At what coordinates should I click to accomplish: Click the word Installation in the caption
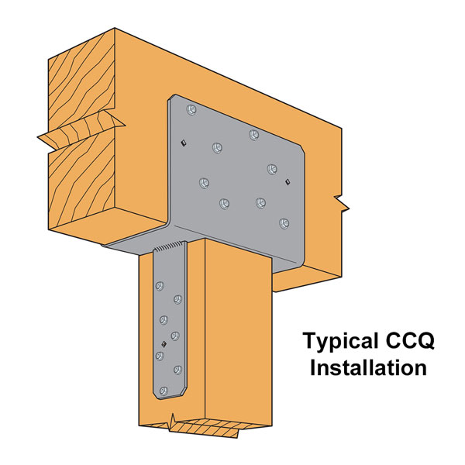point(368,368)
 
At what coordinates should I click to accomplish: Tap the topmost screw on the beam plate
point(191,110)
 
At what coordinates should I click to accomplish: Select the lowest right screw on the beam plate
point(284,223)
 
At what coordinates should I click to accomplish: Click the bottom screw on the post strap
point(164,391)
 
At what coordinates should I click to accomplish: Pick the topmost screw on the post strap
point(160,286)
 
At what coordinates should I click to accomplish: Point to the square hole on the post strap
point(164,344)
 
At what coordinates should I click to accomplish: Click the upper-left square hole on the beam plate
point(184,143)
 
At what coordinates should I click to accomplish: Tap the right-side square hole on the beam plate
point(287,182)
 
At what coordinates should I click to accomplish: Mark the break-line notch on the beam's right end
point(342,204)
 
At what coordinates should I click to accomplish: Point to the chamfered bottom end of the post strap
point(170,393)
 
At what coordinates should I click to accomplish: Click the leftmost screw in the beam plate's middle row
point(204,183)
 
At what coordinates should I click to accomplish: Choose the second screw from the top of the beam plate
point(254,135)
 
